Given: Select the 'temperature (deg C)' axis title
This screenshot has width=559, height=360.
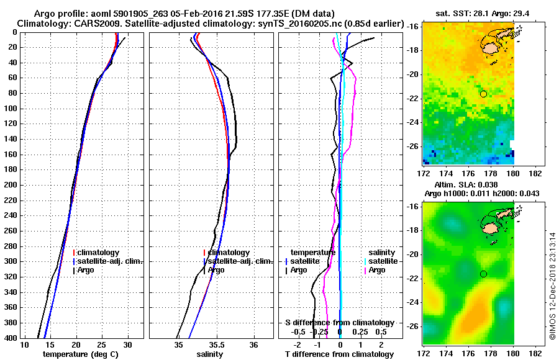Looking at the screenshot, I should (81, 354).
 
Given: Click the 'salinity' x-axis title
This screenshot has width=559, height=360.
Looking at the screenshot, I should (210, 354).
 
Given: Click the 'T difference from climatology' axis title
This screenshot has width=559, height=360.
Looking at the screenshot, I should (339, 354).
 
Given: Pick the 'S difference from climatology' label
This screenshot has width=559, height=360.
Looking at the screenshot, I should (340, 323).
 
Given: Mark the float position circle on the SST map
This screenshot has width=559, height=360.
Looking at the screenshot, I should (483, 94).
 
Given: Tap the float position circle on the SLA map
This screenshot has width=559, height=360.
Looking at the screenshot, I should (483, 274).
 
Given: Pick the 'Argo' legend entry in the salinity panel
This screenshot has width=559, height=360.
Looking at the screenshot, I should (216, 270).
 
